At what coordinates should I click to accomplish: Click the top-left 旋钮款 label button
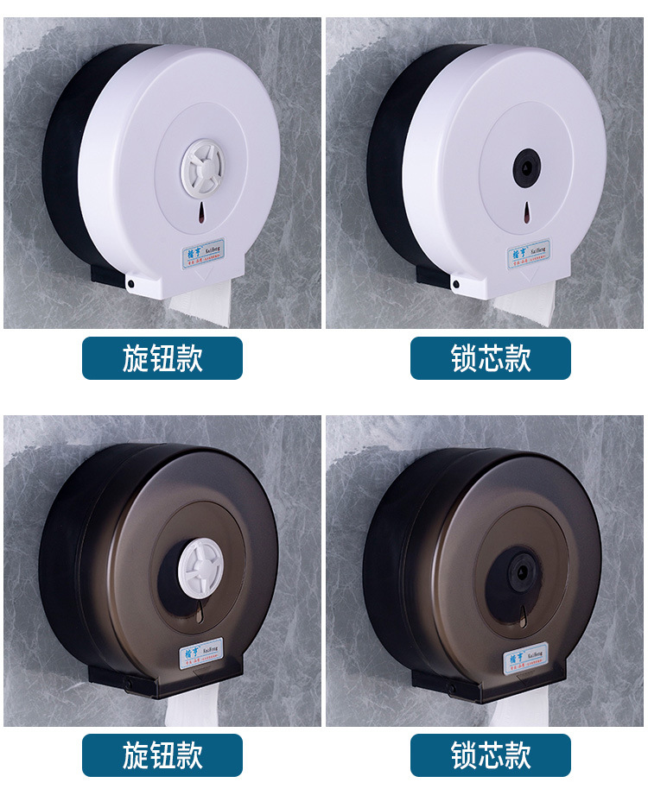click(162, 358)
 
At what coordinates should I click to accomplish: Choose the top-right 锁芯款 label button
click(491, 358)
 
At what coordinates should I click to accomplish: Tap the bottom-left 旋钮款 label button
click(162, 755)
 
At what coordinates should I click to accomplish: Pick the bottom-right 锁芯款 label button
click(491, 755)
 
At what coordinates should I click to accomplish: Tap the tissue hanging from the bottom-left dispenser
click(197, 710)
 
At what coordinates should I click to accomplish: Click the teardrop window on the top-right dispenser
click(525, 210)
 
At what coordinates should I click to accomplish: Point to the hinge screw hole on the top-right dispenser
click(455, 282)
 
